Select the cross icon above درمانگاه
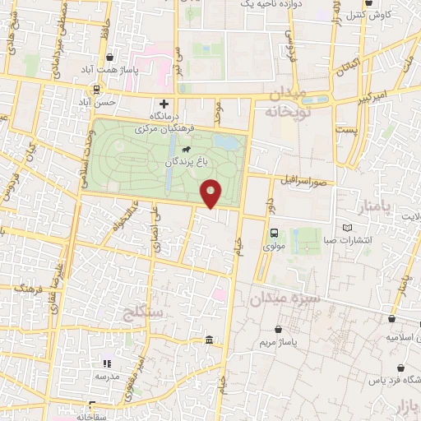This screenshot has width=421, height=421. (164, 104)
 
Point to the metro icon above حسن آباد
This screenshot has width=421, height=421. (98, 90)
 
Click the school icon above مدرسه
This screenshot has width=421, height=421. (106, 363)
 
